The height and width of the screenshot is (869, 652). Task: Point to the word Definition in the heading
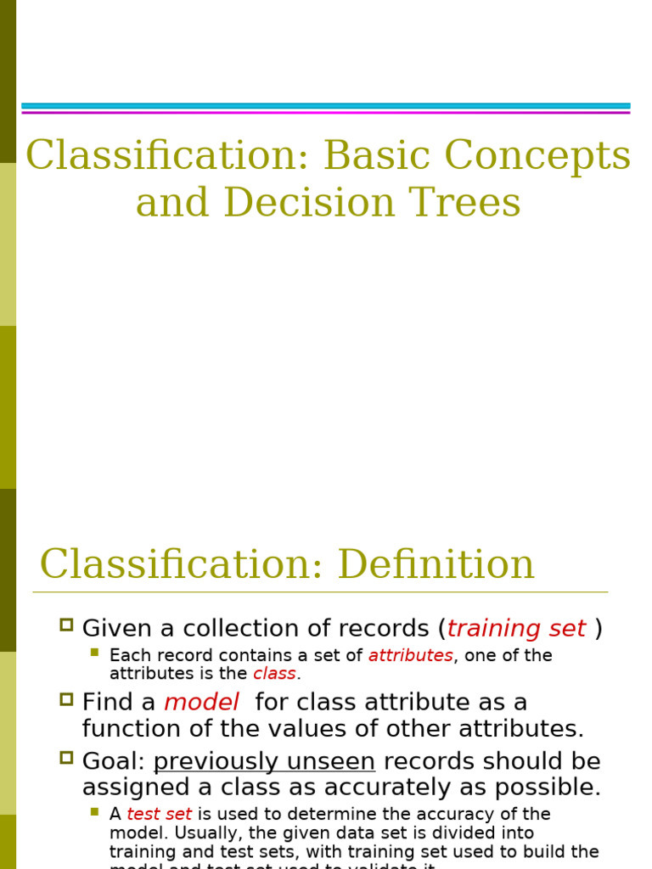436,564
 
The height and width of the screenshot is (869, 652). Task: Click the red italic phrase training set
516,629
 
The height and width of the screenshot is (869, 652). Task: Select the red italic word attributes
410,656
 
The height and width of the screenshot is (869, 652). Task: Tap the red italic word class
274,674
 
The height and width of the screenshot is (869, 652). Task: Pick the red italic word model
201,703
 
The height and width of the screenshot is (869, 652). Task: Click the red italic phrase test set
159,815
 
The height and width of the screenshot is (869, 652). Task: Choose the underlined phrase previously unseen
264,761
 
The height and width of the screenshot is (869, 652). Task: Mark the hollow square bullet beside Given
66,625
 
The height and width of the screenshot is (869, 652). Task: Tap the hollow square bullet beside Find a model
66,699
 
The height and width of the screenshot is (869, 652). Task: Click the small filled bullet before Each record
95,653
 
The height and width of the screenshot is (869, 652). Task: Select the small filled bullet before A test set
95,811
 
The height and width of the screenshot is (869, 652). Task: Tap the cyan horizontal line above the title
326,106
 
